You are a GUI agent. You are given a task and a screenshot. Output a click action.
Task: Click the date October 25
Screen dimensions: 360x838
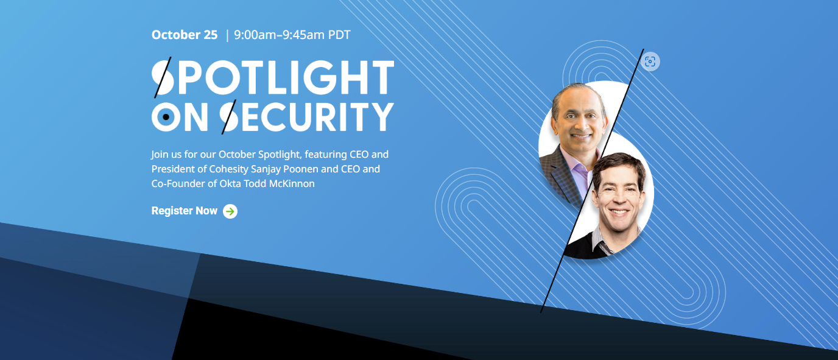click(x=184, y=35)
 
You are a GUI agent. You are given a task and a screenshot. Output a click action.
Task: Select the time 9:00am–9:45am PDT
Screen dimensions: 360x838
click(x=292, y=35)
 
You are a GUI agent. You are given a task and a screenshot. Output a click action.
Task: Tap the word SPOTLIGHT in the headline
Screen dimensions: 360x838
click(x=273, y=77)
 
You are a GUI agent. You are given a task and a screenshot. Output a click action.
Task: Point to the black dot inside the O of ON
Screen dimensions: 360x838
click(x=166, y=116)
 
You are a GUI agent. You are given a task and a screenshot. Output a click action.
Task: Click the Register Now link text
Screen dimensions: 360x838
click(x=184, y=211)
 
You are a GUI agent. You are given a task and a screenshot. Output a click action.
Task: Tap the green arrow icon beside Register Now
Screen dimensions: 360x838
click(x=230, y=211)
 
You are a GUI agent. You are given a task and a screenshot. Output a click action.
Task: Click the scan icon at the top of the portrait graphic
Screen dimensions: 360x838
click(x=650, y=62)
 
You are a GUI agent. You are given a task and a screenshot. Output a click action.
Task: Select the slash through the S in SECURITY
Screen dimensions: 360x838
click(x=229, y=116)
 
